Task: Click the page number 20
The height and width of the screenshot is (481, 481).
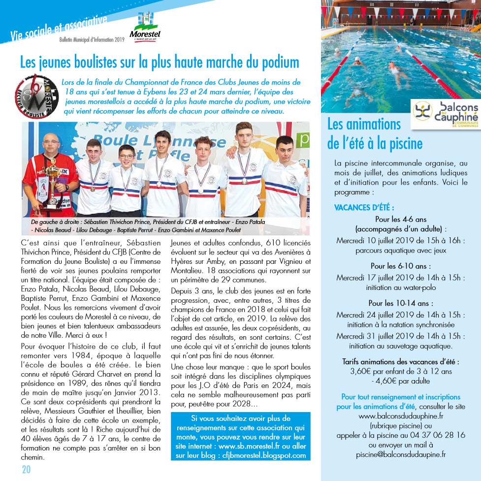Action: pyautogui.click(x=26, y=469)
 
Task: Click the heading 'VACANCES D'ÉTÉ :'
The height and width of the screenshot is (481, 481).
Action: pyautogui.click(x=364, y=208)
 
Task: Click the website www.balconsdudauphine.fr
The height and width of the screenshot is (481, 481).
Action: pyautogui.click(x=401, y=416)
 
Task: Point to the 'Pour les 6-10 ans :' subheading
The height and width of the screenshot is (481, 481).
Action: pyautogui.click(x=401, y=266)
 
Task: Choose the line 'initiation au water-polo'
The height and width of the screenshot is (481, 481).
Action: pyautogui.click(x=401, y=287)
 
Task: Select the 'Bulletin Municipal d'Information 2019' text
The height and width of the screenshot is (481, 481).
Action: pyautogui.click(x=92, y=39)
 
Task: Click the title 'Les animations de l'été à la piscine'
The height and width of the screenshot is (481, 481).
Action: pyautogui.click(x=374, y=133)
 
